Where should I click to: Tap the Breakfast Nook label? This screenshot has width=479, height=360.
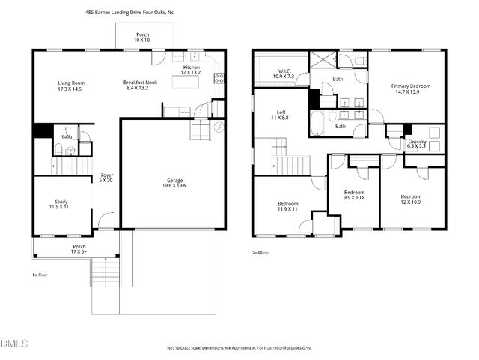click(x=141, y=82)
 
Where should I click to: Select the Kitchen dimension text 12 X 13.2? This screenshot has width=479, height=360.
click(x=192, y=73)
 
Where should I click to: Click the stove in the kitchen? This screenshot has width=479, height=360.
click(x=219, y=76)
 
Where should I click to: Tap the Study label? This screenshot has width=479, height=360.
click(x=61, y=202)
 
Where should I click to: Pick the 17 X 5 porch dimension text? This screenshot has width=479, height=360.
click(x=79, y=251)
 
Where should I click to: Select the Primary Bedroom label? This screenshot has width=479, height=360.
click(x=410, y=86)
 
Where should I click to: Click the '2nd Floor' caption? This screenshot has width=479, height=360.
click(x=261, y=253)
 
